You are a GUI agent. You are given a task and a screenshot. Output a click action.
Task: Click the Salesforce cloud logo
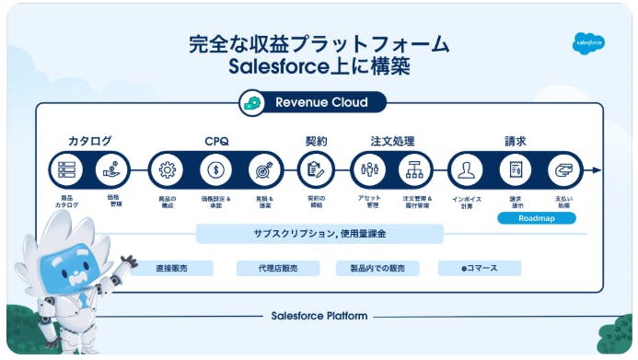point(589,42)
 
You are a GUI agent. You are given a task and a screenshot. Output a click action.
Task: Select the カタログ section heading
point(89,141)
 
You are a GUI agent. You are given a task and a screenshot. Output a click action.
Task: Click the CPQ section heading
point(215,141)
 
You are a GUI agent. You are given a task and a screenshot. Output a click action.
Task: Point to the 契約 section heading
point(316,141)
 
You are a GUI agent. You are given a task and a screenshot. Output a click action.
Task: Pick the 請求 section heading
point(516,141)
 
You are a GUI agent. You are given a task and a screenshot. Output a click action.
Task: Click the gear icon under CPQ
point(167,170)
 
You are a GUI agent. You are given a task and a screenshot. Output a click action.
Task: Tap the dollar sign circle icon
point(215,170)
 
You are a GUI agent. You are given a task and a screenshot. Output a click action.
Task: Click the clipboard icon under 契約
point(316,170)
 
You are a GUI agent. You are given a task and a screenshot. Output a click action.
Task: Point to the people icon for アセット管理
point(368,170)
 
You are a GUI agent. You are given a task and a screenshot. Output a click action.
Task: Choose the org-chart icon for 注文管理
point(416,170)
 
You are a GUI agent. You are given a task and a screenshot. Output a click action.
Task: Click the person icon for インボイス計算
point(467,170)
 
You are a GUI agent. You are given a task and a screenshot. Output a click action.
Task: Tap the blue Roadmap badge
point(536,219)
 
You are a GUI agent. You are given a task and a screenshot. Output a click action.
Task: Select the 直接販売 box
point(171,268)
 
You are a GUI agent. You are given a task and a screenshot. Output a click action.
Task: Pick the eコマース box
point(480,268)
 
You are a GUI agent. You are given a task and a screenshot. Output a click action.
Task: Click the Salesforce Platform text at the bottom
point(319,316)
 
